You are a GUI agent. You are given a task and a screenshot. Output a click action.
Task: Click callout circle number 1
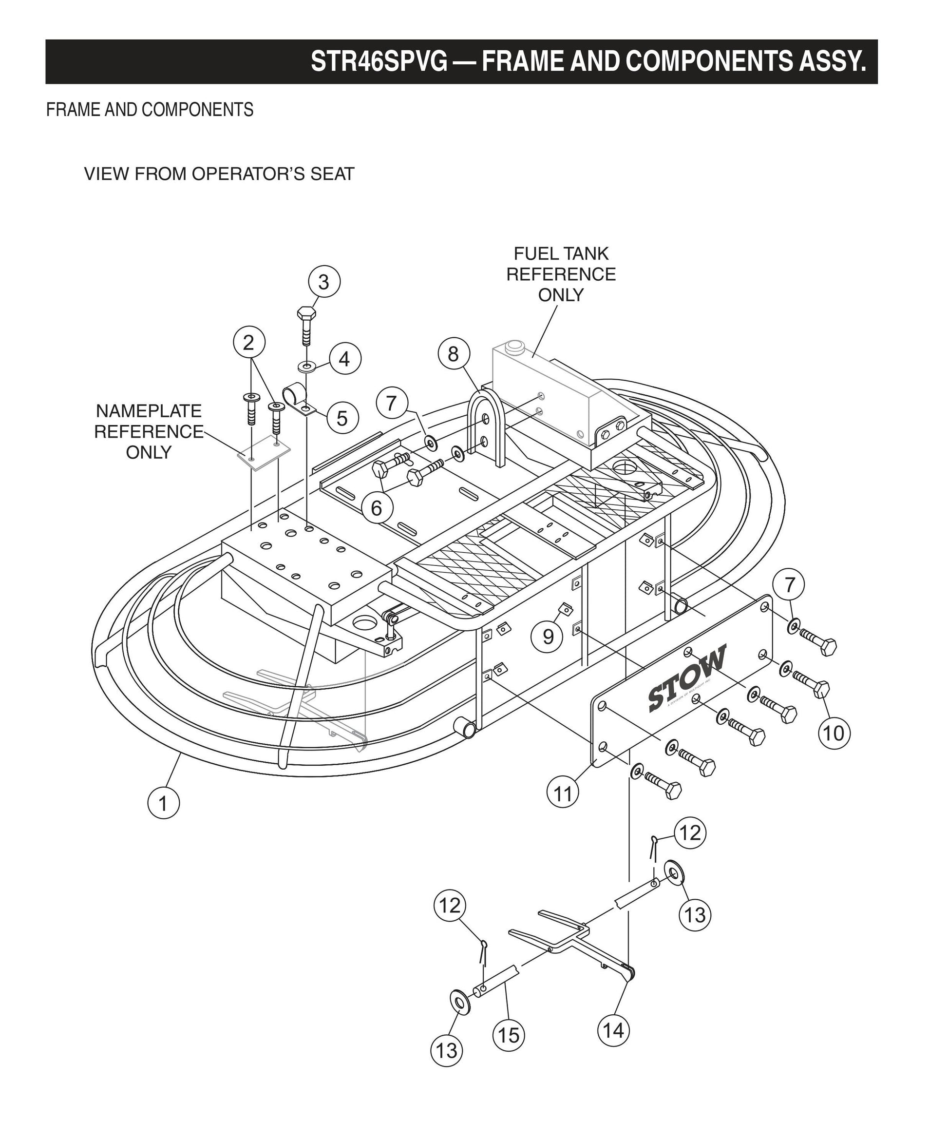pos(163,803)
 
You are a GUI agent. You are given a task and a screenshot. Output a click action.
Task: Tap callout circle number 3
pos(323,282)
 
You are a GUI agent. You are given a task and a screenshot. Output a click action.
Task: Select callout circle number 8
pos(454,354)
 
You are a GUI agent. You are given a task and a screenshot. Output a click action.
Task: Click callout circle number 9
pos(548,636)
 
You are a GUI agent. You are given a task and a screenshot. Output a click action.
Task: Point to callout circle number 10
pos(834,734)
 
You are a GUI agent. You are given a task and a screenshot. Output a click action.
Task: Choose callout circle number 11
pos(563,794)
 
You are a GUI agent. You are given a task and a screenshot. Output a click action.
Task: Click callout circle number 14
pos(613,1030)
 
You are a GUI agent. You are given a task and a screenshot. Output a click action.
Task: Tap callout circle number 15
pos(509,1036)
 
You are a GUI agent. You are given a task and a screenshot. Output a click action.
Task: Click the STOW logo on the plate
pos(686,678)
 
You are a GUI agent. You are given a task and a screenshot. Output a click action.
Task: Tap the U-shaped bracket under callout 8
pos(485,424)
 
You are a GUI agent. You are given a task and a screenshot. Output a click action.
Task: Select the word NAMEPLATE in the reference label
pos(148,411)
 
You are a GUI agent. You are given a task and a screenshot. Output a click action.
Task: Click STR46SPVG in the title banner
pos(379,61)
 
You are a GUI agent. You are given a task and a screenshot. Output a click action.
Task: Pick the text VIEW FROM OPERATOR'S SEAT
pos(219,174)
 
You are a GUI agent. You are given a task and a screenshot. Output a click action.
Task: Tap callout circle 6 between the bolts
pos(376,508)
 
